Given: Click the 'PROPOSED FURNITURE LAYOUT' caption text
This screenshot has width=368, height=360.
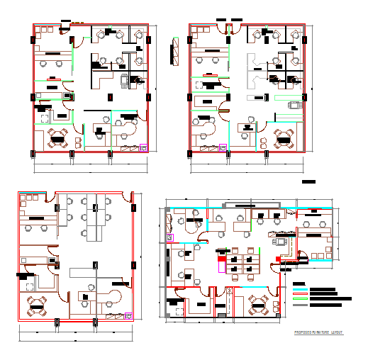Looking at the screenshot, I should [x=318, y=332].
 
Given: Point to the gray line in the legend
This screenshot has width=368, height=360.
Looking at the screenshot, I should [x=300, y=305].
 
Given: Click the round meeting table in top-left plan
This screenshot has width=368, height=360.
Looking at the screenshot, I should [x=57, y=139].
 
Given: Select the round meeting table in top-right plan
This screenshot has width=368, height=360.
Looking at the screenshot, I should [x=284, y=139].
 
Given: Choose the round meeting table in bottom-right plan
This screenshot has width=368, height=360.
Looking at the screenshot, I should [x=258, y=305].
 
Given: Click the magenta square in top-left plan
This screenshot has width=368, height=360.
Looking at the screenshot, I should [x=144, y=147].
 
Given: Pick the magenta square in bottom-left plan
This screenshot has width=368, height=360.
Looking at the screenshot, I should [x=128, y=316].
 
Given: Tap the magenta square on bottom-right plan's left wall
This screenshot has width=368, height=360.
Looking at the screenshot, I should [x=169, y=237].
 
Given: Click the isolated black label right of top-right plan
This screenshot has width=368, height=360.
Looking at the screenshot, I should [x=308, y=182].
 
